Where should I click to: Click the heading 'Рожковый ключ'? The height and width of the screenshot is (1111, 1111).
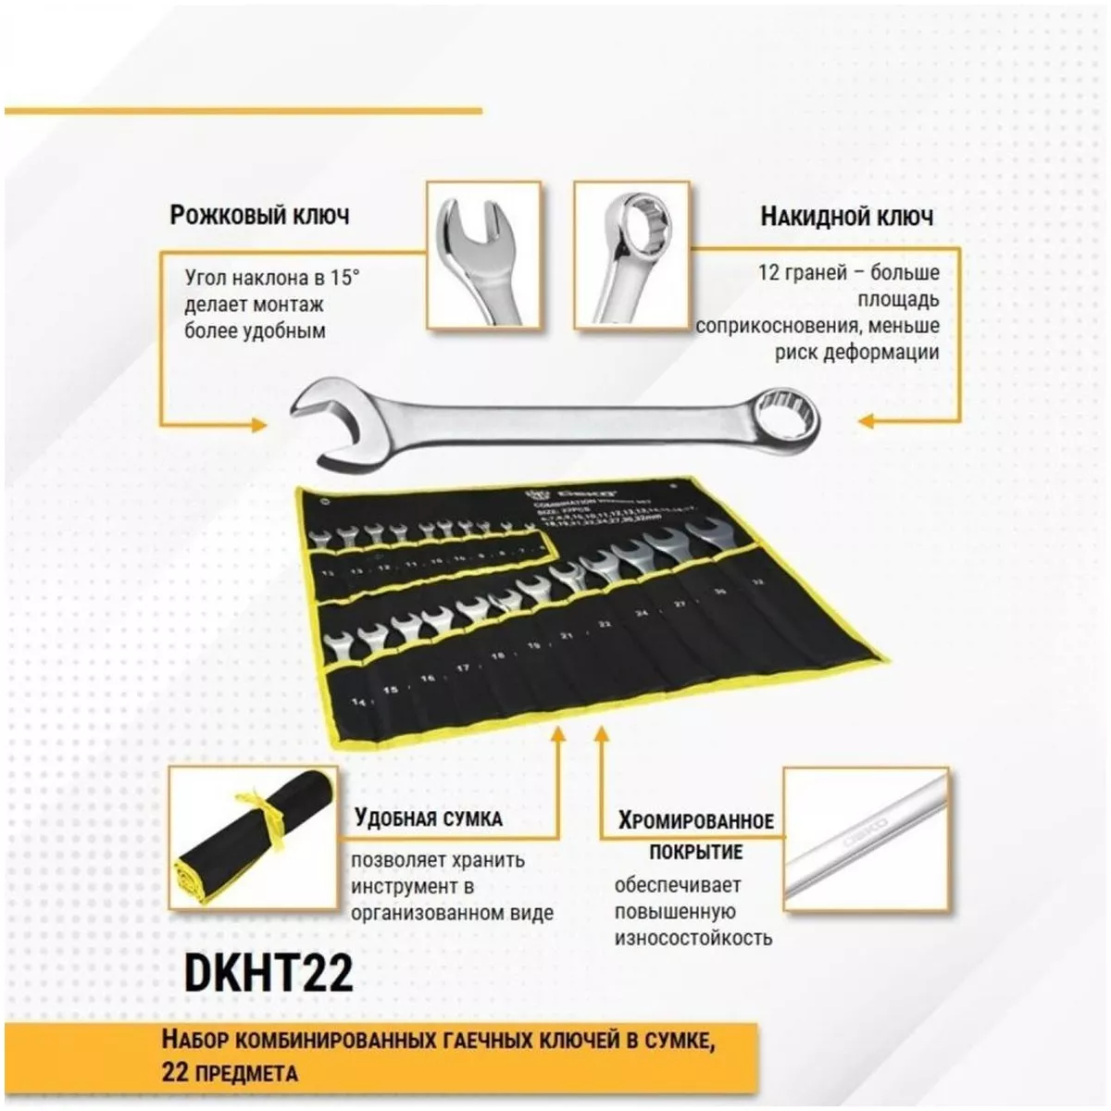click(259, 216)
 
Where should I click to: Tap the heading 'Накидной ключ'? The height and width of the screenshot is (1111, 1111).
click(846, 217)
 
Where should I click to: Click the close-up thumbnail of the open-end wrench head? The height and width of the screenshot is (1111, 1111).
click(483, 255)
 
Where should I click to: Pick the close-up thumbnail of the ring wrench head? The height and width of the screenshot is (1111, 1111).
click(631, 255)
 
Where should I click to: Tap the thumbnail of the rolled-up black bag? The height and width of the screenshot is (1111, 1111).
click(253, 837)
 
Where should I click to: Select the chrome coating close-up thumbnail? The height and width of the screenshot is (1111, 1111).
click(866, 838)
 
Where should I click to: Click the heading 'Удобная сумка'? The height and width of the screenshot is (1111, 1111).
click(428, 818)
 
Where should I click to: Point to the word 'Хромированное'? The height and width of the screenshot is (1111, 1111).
click(696, 820)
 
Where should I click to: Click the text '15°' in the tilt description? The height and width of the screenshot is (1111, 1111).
click(344, 278)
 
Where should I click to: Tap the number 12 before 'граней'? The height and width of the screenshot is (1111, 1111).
click(768, 272)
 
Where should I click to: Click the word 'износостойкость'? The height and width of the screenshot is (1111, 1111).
click(693, 938)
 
